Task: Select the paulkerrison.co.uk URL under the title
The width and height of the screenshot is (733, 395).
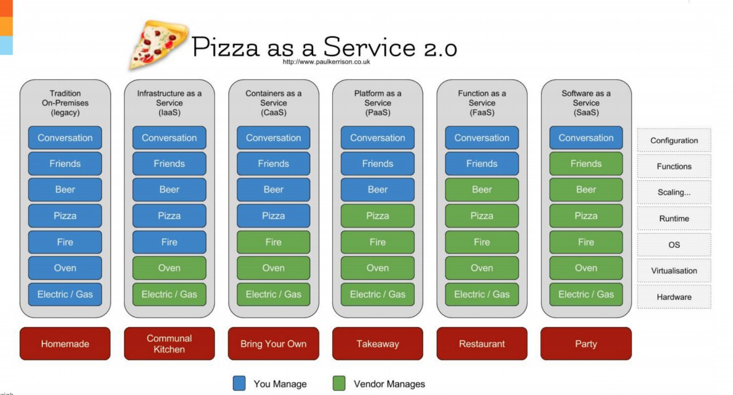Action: tap(326, 61)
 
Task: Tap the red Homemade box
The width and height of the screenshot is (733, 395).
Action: tap(65, 343)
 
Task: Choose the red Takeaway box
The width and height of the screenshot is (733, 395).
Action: tap(377, 343)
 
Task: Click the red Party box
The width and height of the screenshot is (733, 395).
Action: tap(586, 343)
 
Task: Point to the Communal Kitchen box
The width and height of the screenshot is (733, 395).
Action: tap(169, 343)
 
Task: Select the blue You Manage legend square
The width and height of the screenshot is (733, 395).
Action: tap(239, 383)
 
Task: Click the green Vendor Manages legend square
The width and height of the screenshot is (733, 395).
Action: tap(339, 383)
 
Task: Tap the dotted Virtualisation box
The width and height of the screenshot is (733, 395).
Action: tap(674, 271)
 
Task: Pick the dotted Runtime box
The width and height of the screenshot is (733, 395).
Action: tap(674, 218)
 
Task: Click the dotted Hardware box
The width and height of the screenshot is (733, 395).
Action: tap(674, 297)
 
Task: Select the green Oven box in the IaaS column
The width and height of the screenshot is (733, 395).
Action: tap(169, 268)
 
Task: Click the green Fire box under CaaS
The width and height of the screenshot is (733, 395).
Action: tap(274, 242)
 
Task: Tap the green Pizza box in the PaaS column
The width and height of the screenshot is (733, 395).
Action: tap(377, 216)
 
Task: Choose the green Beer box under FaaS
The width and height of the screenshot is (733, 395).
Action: tap(482, 189)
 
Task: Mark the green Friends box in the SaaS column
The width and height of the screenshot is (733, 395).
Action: tap(586, 163)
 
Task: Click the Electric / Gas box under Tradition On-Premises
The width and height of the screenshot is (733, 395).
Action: tap(65, 294)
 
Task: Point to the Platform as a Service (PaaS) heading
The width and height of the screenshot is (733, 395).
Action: tap(377, 103)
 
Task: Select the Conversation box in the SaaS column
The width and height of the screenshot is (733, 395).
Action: tap(586, 138)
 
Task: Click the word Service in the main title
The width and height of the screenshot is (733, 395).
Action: tap(369, 47)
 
